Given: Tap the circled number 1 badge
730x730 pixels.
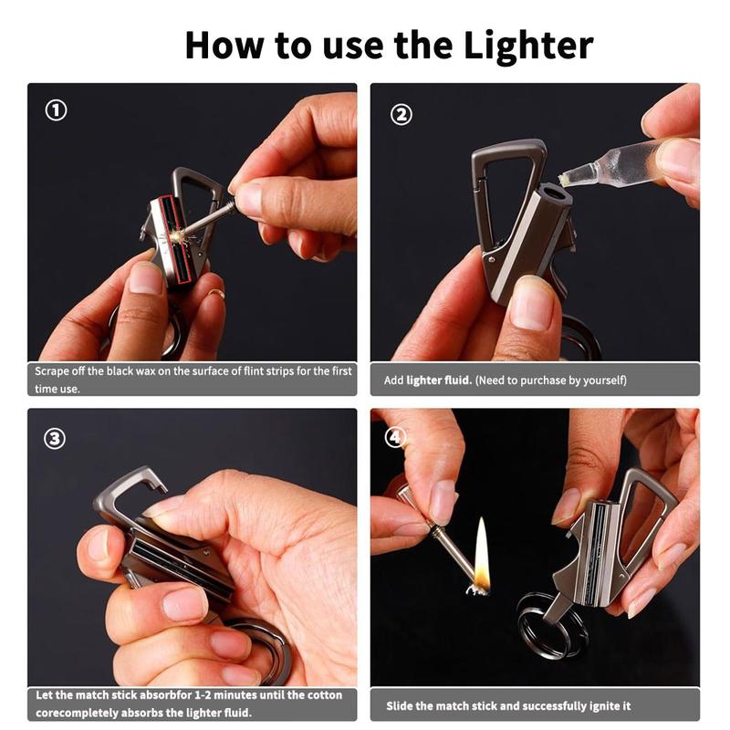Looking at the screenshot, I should (x=57, y=111).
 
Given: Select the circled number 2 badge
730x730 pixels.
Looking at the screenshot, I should (x=401, y=114).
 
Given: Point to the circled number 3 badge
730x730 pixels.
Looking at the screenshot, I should (x=55, y=438).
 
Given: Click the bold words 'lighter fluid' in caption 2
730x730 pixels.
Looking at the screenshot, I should (x=439, y=380).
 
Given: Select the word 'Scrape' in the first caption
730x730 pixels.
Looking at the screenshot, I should (x=53, y=371).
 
